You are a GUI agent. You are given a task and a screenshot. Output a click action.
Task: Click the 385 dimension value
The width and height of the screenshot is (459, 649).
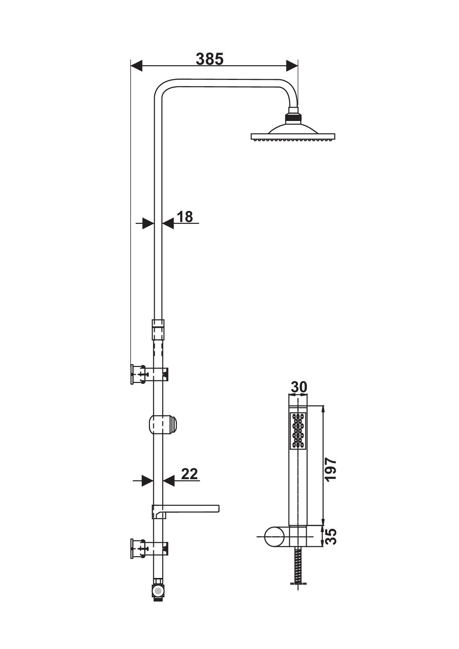click(210, 59)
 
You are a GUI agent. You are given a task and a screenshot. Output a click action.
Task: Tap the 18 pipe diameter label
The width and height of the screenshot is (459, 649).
click(185, 217)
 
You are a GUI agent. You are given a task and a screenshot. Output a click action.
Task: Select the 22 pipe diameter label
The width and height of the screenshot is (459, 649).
click(190, 474)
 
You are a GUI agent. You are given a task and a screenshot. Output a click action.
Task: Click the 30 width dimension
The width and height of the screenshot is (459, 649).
click(299, 387)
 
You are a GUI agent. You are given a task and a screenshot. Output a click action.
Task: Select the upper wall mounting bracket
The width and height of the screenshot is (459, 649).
click(150, 374)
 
